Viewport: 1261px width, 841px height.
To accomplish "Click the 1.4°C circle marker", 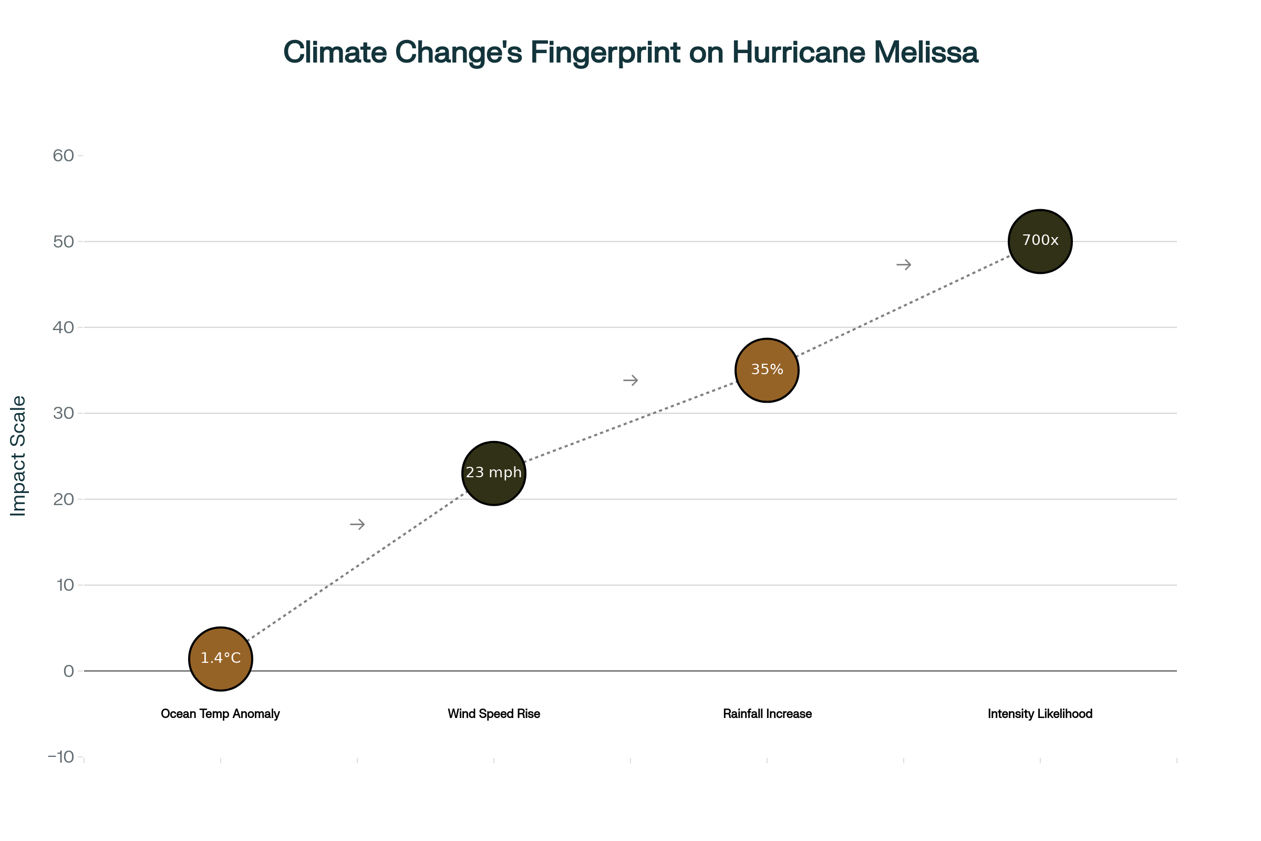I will point(220,659).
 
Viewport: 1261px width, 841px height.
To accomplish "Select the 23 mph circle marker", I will point(493,473).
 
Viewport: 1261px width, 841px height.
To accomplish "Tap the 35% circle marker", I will point(767,370).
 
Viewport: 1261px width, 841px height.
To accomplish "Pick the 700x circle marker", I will point(1040,241).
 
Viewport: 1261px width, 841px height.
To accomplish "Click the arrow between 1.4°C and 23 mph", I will point(357,524).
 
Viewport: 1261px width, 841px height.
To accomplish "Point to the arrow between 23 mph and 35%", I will point(630,380).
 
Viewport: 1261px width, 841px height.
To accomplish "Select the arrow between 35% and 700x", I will point(903,264).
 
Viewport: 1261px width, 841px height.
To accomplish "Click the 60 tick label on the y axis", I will point(63,156).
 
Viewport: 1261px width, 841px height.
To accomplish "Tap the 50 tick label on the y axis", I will point(63,241).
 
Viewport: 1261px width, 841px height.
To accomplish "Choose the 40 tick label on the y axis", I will point(63,327).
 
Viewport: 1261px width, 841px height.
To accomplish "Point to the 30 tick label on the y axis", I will point(63,413).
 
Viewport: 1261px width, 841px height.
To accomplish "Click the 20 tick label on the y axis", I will point(63,499).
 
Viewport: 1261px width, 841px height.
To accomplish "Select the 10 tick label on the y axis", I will point(65,585).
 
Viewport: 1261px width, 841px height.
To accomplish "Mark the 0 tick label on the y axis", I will point(69,671).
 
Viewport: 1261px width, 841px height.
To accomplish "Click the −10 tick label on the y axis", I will point(60,757).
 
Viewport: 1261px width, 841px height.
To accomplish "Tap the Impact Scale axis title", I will point(18,456).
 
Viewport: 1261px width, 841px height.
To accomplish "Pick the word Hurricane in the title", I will point(798,53).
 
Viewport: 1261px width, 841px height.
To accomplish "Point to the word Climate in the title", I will point(335,53).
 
